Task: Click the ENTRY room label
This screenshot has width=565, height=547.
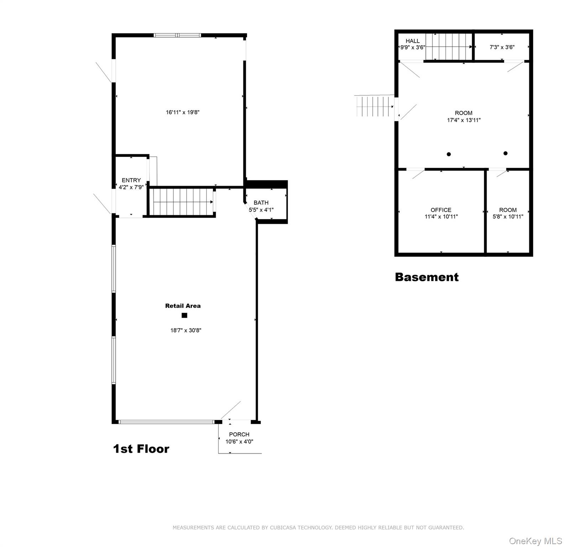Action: [131, 180]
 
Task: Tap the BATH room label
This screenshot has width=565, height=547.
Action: [261, 203]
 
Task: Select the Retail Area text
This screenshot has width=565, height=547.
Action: [183, 306]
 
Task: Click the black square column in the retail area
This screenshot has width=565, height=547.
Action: [184, 315]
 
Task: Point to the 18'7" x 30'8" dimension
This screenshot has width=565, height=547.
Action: [186, 330]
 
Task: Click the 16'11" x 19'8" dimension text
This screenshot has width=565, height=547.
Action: [183, 112]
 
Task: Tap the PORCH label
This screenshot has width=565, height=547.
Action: [239, 434]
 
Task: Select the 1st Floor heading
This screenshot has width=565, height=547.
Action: [141, 449]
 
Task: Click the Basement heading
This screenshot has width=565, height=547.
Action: [427, 277]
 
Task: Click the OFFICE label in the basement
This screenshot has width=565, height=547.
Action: [441, 210]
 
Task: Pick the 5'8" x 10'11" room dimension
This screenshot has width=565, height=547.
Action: [508, 217]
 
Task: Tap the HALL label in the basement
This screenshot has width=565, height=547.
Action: [413, 41]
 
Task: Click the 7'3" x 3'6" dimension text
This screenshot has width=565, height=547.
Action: [502, 47]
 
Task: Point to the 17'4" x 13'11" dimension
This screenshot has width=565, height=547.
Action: [464, 120]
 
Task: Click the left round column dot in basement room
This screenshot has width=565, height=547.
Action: [449, 154]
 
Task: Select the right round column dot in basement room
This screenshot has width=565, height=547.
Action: [506, 153]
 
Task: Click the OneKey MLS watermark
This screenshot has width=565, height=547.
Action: [535, 541]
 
